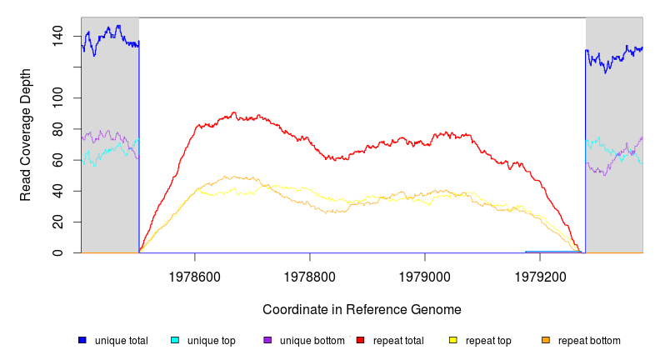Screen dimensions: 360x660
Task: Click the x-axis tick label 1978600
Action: (x=195, y=274)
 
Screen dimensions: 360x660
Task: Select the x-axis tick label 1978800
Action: (x=310, y=274)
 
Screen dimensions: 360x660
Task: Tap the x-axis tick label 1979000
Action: (x=425, y=274)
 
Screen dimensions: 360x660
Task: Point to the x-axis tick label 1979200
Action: (x=540, y=274)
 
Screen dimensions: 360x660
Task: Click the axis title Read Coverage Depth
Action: (x=26, y=135)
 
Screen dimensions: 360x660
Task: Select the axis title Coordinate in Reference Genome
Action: (x=362, y=309)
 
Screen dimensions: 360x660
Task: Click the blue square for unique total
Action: (x=82, y=340)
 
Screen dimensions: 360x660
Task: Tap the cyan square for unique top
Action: (x=175, y=340)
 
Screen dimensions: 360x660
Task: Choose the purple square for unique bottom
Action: (x=267, y=340)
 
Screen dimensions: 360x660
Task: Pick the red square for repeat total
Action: (x=360, y=340)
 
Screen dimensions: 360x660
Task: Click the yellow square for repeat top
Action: (x=453, y=340)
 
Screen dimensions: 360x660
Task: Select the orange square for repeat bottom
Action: (x=546, y=340)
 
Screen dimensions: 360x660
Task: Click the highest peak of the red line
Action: (x=235, y=112)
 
